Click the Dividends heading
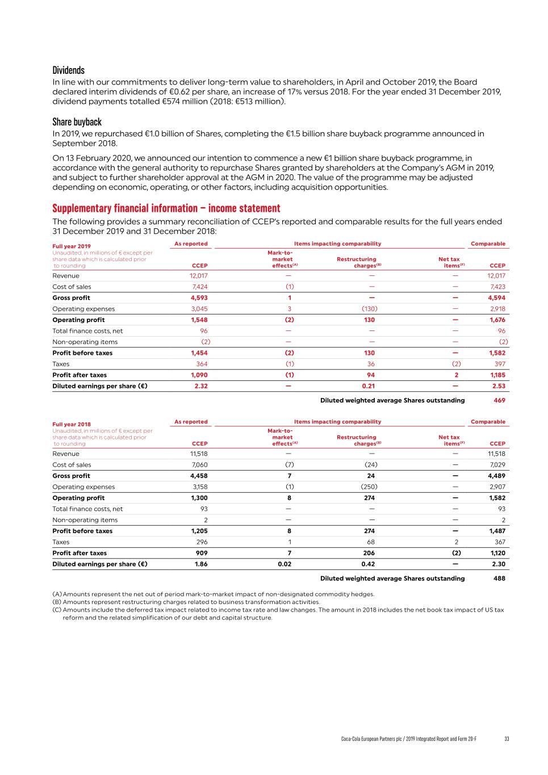click(x=68, y=70)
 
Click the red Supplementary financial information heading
click(x=166, y=208)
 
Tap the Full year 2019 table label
click(x=71, y=246)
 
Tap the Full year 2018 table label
click(x=71, y=424)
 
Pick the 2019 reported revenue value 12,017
click(x=198, y=276)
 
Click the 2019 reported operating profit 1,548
click(x=199, y=320)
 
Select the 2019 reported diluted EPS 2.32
click(x=200, y=386)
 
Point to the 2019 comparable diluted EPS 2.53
click(x=498, y=386)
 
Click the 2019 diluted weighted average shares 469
click(x=499, y=400)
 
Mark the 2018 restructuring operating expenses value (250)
click(x=369, y=487)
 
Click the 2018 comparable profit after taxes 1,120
click(x=497, y=553)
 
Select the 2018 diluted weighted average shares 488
click(x=499, y=579)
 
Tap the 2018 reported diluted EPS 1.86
click(x=200, y=564)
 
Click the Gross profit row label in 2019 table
click(x=71, y=298)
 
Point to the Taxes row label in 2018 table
click(x=61, y=542)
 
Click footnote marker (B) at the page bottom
click(x=57, y=602)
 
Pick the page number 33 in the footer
click(x=507, y=739)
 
